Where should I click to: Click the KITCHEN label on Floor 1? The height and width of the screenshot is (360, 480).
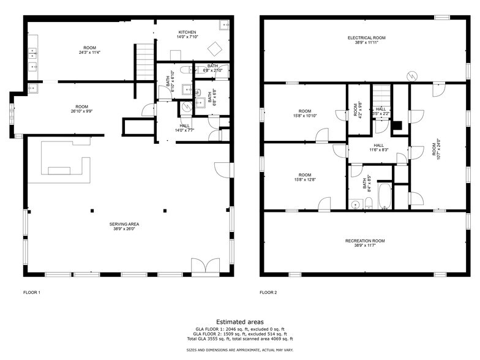coord(187,32)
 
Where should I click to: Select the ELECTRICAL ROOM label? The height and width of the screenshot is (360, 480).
coord(367,38)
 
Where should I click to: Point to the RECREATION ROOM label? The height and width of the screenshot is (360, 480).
coord(365,241)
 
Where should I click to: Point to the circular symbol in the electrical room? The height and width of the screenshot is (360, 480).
coord(413,76)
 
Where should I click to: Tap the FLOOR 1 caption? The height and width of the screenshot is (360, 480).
coord(31,293)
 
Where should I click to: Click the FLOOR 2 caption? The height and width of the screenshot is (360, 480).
coord(268,293)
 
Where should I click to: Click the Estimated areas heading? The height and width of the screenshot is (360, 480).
coord(240,321)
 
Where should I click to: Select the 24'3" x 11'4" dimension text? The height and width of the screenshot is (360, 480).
coord(90,53)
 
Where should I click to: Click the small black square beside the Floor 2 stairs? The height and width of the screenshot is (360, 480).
coord(397,127)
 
